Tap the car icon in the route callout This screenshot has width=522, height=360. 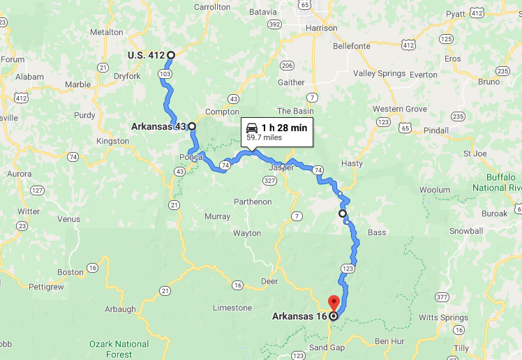click(252, 128)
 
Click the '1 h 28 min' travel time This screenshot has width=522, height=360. click(284, 128)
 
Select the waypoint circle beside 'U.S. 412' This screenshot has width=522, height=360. click(170, 54)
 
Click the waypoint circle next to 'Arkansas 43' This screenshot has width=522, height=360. click(192, 127)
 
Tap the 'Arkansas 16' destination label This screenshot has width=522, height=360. click(299, 316)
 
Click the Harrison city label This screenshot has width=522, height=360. click(320, 29)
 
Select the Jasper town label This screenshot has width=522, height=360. click(281, 167)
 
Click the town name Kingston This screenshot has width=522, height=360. click(112, 141)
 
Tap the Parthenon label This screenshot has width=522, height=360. click(253, 202)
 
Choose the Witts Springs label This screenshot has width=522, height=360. click(444, 317)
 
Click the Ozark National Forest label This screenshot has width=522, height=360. click(119, 349)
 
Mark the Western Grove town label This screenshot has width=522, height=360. click(399, 109)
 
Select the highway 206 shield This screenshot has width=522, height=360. click(287, 66)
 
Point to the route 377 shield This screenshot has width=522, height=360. click(441, 297)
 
